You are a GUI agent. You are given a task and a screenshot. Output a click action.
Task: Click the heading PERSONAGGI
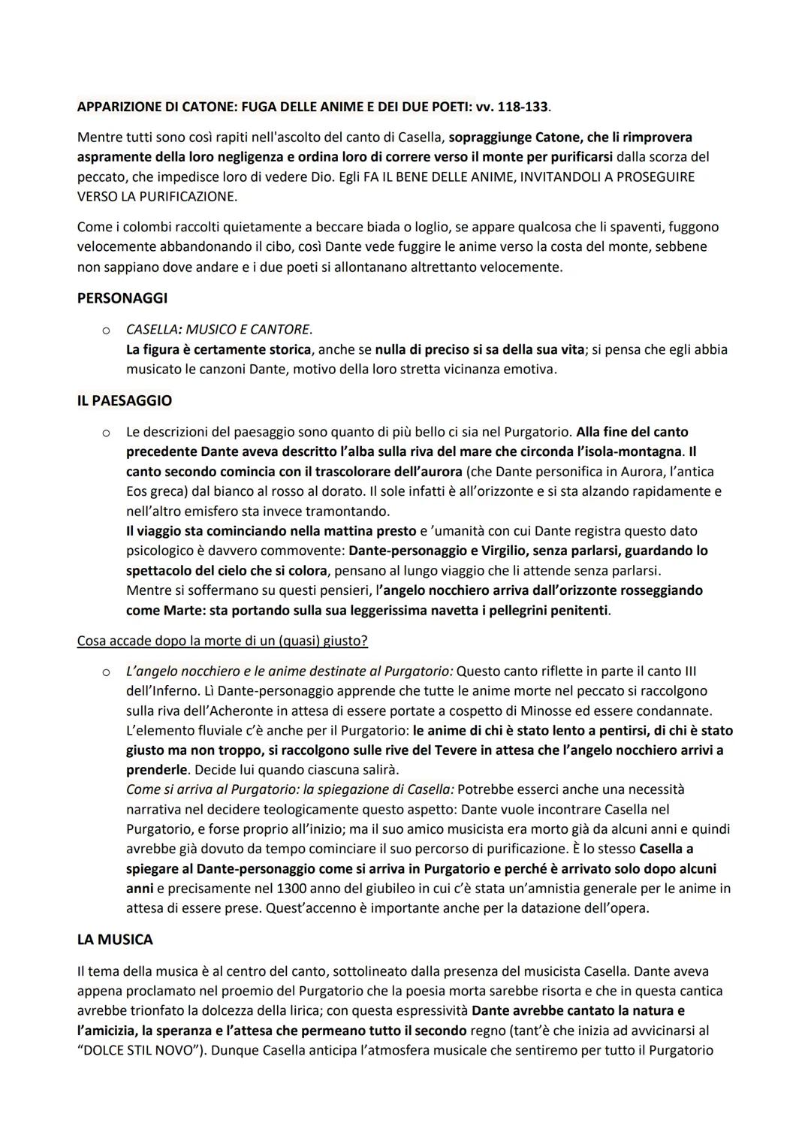122,298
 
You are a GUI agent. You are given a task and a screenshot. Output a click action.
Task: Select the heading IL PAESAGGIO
125,401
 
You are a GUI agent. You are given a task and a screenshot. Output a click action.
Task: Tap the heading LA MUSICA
115,940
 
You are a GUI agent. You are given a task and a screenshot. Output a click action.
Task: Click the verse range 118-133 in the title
523,107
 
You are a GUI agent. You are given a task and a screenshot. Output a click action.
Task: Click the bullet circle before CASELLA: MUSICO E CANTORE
107,331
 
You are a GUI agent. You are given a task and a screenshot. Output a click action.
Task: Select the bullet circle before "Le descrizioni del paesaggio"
107,433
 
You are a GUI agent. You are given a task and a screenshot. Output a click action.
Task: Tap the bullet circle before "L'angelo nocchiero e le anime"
107,672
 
